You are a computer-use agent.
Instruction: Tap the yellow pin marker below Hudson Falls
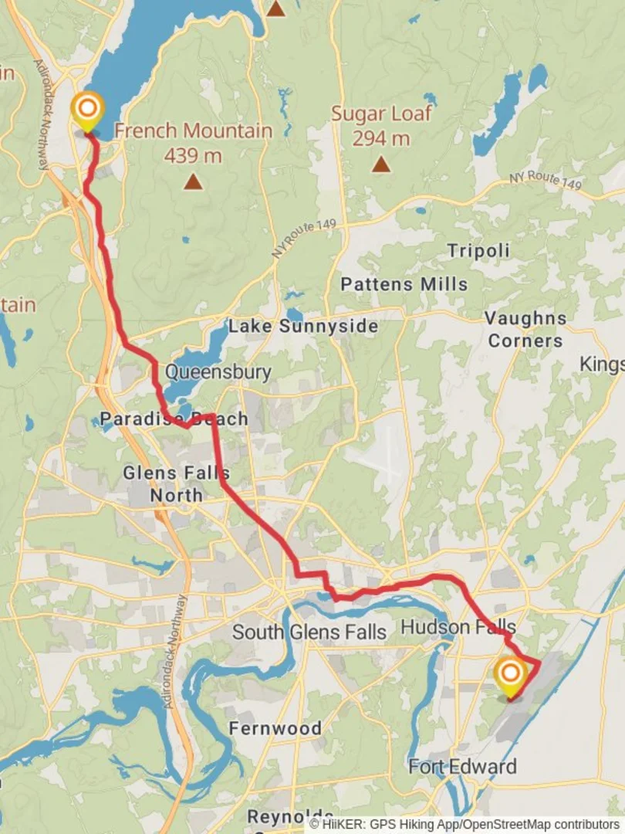pyautogui.click(x=510, y=675)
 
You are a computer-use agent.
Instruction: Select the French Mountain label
pyautogui.click(x=193, y=131)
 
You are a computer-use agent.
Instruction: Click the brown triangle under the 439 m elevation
pyautogui.click(x=193, y=182)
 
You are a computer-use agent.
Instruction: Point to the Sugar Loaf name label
pyautogui.click(x=381, y=114)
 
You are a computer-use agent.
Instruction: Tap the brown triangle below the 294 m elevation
pyautogui.click(x=380, y=164)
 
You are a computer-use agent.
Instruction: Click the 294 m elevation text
pyautogui.click(x=381, y=139)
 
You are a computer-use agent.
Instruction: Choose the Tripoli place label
pyautogui.click(x=478, y=251)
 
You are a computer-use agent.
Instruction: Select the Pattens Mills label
pyautogui.click(x=404, y=284)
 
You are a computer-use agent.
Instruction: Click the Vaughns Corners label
pyautogui.click(x=525, y=329)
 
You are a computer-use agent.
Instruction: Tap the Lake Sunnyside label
pyautogui.click(x=302, y=326)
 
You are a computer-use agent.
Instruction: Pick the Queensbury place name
pyautogui.click(x=218, y=372)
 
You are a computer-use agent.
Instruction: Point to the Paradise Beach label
pyautogui.click(x=174, y=419)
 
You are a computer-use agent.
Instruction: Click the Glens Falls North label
pyautogui.click(x=176, y=483)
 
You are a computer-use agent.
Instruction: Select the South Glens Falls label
pyautogui.click(x=309, y=632)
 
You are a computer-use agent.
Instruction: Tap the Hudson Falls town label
pyautogui.click(x=458, y=626)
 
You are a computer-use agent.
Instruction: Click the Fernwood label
pyautogui.click(x=275, y=728)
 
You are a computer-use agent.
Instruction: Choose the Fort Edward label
pyautogui.click(x=462, y=767)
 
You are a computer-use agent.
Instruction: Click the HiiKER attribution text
pyautogui.click(x=464, y=825)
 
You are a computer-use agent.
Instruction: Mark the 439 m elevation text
pyautogui.click(x=193, y=155)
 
